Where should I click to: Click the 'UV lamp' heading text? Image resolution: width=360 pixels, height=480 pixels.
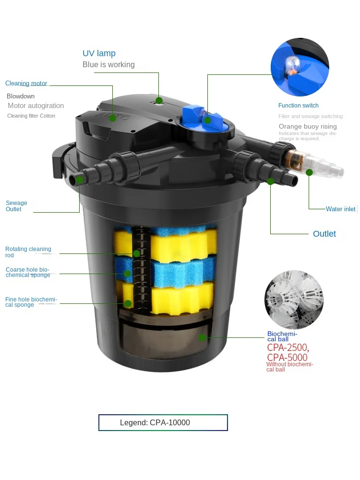click(x=99, y=53)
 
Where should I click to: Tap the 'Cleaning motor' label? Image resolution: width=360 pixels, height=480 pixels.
click(x=26, y=84)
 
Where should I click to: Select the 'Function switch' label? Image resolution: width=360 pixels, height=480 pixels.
click(x=298, y=106)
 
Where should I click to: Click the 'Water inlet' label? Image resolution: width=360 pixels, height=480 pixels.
click(x=340, y=209)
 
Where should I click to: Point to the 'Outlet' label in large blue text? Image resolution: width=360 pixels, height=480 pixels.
click(x=324, y=234)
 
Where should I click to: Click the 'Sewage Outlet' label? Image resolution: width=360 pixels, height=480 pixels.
click(x=16, y=206)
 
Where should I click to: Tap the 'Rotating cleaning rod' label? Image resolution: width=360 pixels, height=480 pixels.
click(x=28, y=252)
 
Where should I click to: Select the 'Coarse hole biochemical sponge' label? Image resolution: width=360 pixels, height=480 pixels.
click(x=28, y=272)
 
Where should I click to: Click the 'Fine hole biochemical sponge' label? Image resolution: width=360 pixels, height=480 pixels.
click(x=31, y=302)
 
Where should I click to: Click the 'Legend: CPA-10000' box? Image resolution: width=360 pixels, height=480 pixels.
click(x=163, y=422)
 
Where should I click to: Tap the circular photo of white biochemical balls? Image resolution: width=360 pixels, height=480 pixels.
click(x=294, y=300)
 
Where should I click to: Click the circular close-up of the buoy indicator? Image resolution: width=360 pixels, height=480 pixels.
click(x=300, y=67)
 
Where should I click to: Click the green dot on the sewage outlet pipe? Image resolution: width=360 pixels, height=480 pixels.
click(x=80, y=180)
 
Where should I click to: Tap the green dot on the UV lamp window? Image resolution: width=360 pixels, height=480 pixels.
click(x=158, y=101)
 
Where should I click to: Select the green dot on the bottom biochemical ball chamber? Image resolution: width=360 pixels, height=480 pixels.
click(x=203, y=337)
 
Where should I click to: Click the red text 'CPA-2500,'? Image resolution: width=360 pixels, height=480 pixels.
click(x=288, y=348)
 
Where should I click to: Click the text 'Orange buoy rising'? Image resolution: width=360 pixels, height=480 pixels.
click(x=308, y=127)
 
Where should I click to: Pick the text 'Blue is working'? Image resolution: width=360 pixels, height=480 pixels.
click(x=108, y=65)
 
